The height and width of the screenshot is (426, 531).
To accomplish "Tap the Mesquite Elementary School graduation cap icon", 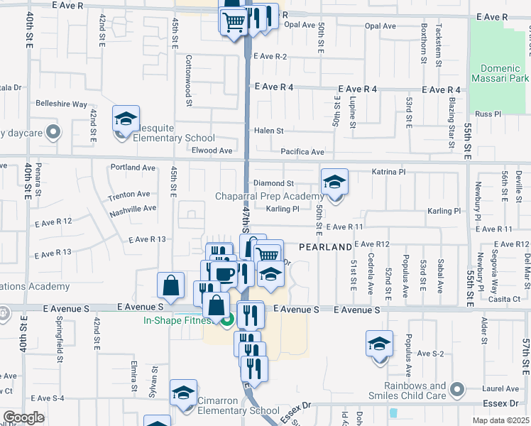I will point(126,119).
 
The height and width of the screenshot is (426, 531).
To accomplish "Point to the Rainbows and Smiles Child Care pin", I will point(458,389).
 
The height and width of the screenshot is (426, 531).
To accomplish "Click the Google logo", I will point(23,417).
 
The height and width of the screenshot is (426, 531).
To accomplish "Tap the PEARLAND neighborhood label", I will point(325,247).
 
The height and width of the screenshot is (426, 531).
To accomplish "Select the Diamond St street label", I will point(273,183).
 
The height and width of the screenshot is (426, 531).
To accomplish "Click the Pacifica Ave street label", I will point(302,152).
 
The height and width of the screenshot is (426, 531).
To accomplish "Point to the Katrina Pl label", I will point(388,172).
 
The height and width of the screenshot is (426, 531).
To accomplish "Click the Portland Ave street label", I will point(133,168).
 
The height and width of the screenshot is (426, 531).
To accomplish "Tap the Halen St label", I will point(269,131).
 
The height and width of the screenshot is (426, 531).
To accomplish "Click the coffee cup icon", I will point(224,273).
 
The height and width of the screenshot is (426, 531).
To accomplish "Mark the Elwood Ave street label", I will point(212,151).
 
